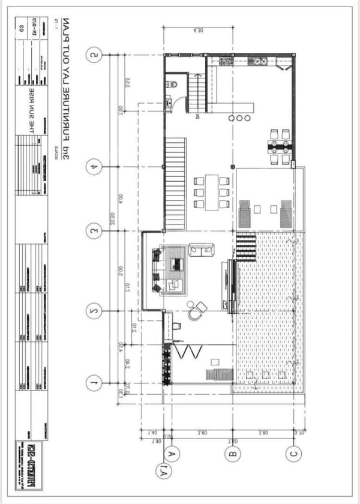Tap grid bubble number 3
[x=94, y=230]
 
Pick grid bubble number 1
[x=94, y=381]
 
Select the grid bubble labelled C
[x=293, y=454]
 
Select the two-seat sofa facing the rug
[x=200, y=249]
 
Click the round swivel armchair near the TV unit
[x=193, y=313]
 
